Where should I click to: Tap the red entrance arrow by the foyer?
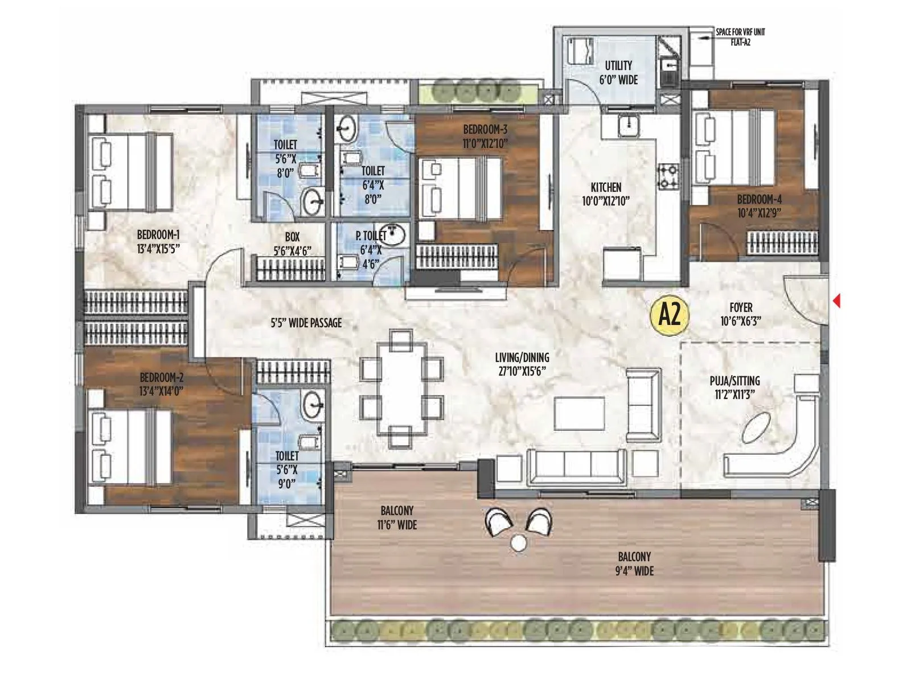pyautogui.click(x=836, y=301)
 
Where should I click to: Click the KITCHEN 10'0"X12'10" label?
pyautogui.click(x=605, y=194)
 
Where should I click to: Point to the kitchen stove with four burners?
pyautogui.click(x=668, y=176)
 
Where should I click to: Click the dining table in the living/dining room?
pyautogui.click(x=401, y=389)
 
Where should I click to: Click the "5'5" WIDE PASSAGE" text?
pyautogui.click(x=306, y=323)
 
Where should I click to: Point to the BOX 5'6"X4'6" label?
pyautogui.click(x=292, y=244)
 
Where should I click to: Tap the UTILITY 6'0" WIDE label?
pyautogui.click(x=618, y=72)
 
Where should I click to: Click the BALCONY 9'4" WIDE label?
pyautogui.click(x=634, y=563)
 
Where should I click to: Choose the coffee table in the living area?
pyautogui.click(x=580, y=413)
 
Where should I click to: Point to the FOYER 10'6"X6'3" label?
pyautogui.click(x=741, y=314)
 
